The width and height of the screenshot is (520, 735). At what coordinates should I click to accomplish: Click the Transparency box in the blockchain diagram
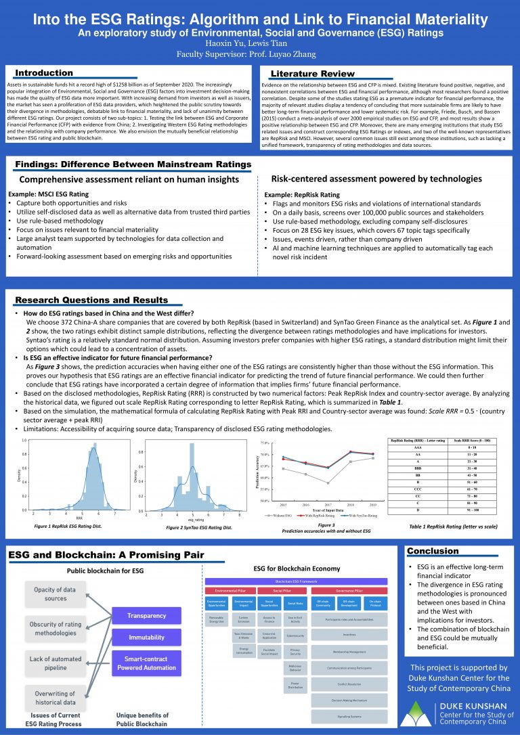146,616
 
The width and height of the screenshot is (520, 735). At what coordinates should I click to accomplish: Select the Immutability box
146,637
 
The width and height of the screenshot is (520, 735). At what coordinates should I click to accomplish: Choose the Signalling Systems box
349,715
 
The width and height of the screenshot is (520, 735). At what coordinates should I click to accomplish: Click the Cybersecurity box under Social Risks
295,636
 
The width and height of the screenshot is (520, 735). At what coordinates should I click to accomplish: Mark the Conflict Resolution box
349,684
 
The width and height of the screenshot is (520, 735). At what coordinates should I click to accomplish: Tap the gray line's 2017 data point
327,483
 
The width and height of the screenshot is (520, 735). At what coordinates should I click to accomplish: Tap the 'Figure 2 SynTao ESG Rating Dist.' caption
199,527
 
